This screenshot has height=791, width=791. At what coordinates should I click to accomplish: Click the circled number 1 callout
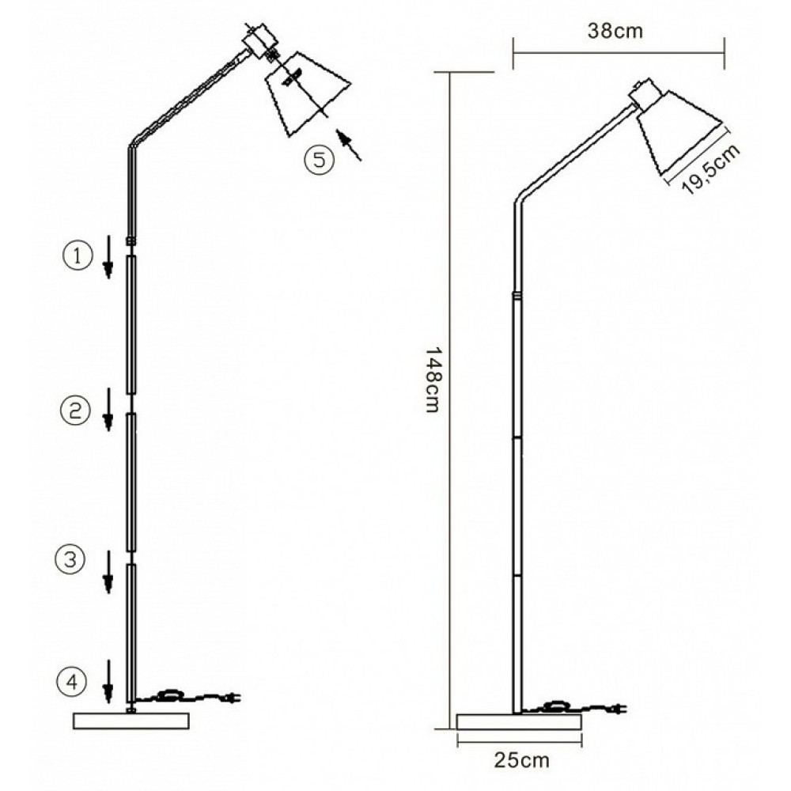(x=78, y=256)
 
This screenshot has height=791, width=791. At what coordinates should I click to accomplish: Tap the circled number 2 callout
(x=74, y=410)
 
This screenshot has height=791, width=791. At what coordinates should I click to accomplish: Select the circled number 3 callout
(x=70, y=559)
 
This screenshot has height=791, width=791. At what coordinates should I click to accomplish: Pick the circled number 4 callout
(x=71, y=682)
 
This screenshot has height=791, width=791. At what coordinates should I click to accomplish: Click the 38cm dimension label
(x=615, y=32)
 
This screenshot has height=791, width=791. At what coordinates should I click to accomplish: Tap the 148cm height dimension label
(x=433, y=379)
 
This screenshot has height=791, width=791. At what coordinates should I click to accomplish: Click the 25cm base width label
(x=522, y=760)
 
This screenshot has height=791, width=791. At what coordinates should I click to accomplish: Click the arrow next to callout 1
(x=108, y=257)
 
